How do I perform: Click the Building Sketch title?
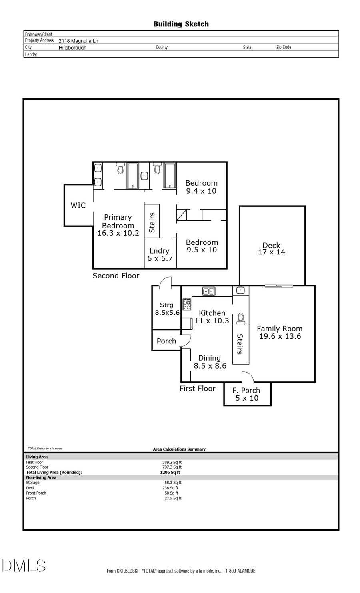point(181,24)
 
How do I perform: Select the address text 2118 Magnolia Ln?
point(78,41)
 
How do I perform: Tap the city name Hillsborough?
point(72,48)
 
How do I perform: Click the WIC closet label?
point(78,205)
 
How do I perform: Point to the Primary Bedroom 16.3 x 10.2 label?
point(118,225)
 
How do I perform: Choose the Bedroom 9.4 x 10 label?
point(201,187)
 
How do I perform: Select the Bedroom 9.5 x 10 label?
point(202,246)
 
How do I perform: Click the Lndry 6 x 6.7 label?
point(160,254)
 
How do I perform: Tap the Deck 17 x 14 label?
point(272,248)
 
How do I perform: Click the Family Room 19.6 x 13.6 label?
point(280,332)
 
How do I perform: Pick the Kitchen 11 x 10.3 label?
point(212,317)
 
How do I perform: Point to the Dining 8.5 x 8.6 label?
point(210,362)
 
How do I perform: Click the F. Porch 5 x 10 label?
point(247,394)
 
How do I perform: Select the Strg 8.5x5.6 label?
point(167,309)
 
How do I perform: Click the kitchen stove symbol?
point(187,305)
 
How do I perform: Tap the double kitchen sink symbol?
point(208,292)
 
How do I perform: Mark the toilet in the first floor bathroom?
point(241,319)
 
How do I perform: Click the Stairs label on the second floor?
point(152,222)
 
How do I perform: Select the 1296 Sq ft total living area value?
point(170,472)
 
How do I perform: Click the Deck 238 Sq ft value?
point(171,488)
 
